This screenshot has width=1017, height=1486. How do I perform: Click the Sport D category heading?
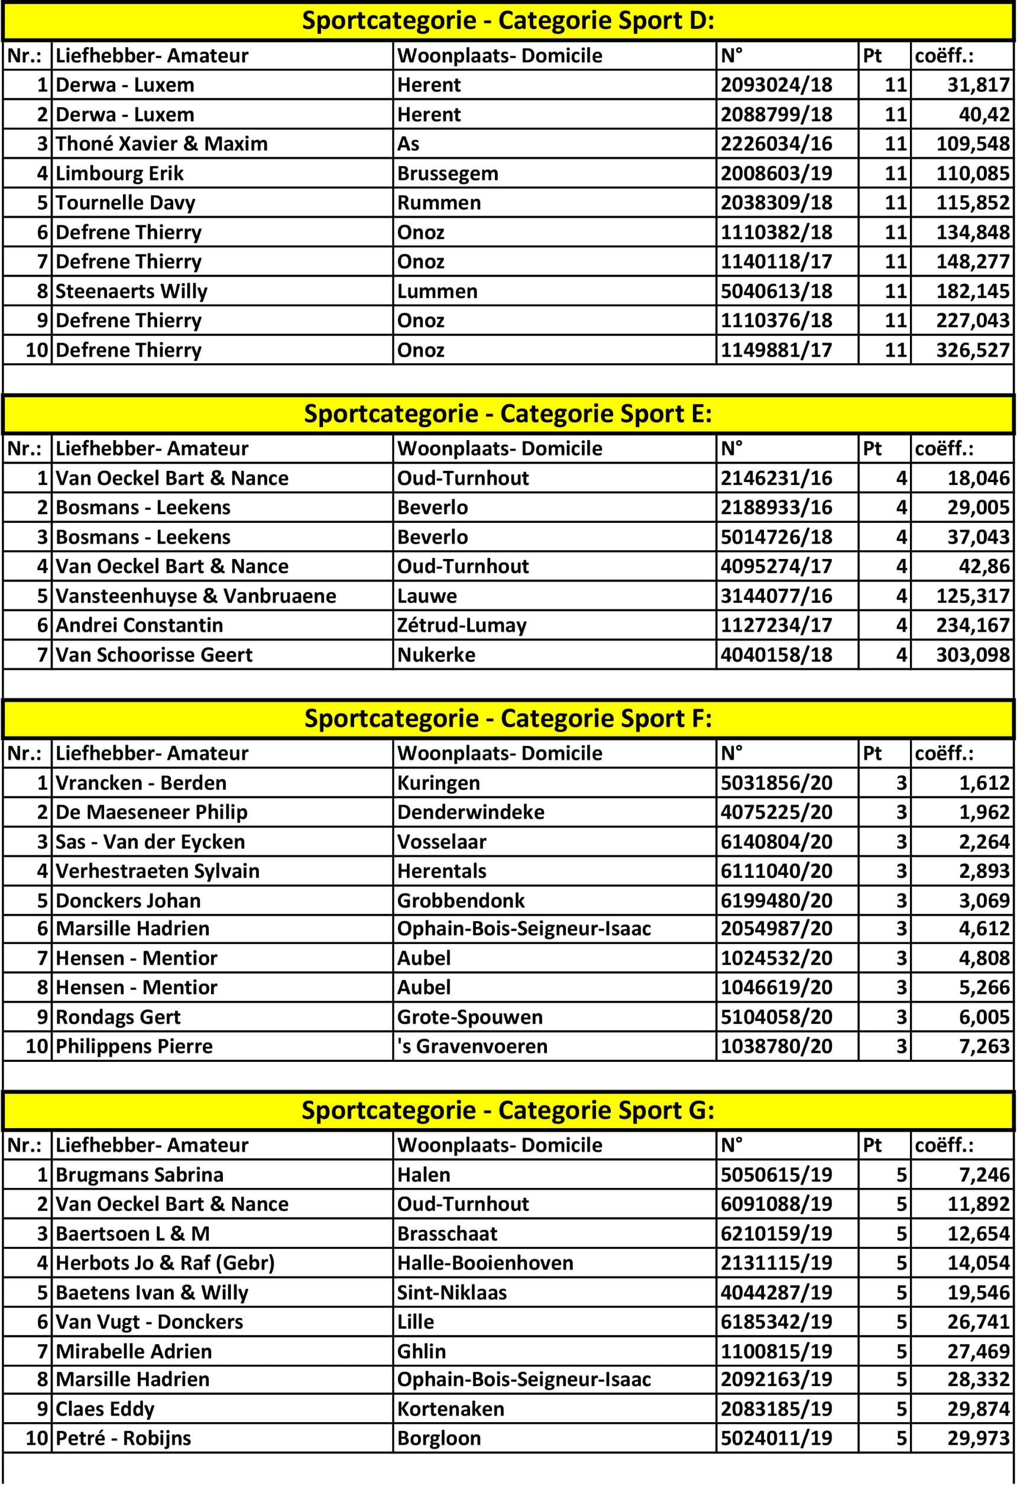click(x=508, y=21)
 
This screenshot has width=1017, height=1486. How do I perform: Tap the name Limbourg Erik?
click(x=119, y=173)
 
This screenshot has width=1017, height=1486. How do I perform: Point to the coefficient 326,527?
click(x=972, y=350)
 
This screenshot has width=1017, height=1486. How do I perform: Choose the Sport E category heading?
click(x=508, y=414)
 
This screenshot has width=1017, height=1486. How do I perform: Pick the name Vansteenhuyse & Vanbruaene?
click(x=196, y=596)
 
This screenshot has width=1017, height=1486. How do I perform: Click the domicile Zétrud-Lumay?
click(x=462, y=625)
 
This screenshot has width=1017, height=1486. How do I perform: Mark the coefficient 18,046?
click(x=978, y=479)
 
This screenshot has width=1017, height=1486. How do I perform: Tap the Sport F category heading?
click(x=508, y=719)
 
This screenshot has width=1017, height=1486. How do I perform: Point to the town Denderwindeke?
click(x=471, y=813)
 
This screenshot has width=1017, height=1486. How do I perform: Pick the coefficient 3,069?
click(x=984, y=901)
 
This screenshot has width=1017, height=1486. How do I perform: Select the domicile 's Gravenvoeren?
click(x=472, y=1046)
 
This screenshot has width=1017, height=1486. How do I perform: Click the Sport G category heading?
click(x=508, y=1111)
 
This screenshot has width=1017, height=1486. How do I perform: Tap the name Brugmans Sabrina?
click(x=140, y=1175)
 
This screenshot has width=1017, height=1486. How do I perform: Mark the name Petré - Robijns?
click(x=124, y=1439)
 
